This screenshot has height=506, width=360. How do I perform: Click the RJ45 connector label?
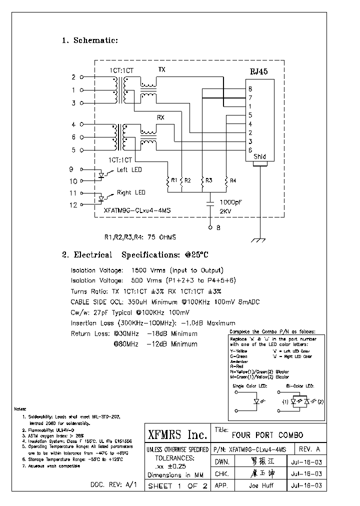point(258,71)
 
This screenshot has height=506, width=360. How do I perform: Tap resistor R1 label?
point(173,180)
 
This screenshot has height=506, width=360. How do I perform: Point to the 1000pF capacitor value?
point(231,203)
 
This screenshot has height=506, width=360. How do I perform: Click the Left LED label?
point(129,170)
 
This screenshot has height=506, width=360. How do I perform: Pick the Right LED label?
point(131,192)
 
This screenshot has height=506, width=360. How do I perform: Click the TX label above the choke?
point(162,69)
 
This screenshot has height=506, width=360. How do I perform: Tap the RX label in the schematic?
point(161,117)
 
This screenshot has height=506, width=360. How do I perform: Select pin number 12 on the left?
point(73,204)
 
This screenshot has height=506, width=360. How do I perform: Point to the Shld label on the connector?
point(259,156)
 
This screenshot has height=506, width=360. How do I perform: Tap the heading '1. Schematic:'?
point(90,40)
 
